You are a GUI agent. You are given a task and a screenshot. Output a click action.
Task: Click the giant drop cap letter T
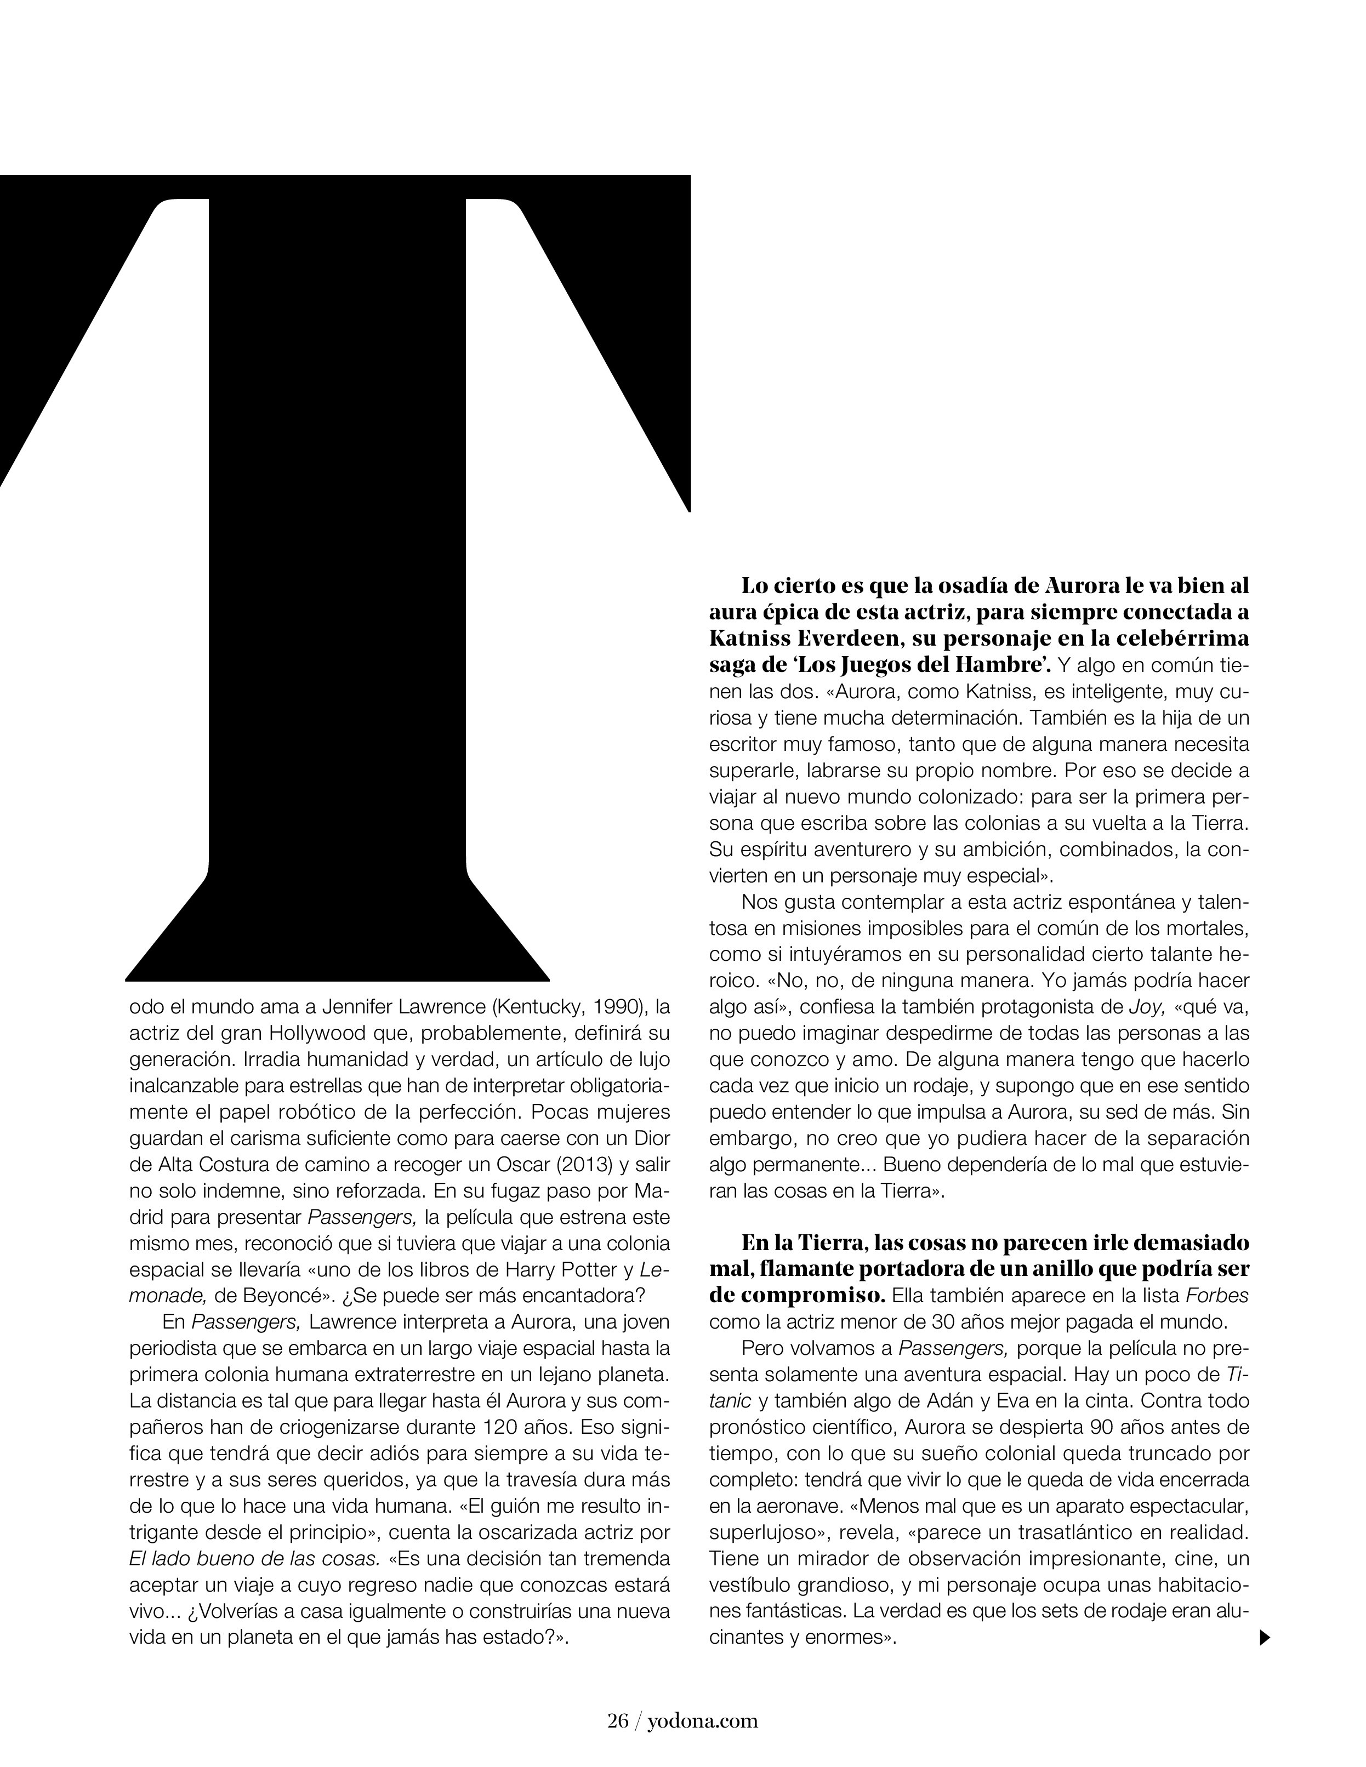click(338, 566)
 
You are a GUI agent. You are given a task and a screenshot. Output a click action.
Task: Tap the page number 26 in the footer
click(617, 1714)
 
